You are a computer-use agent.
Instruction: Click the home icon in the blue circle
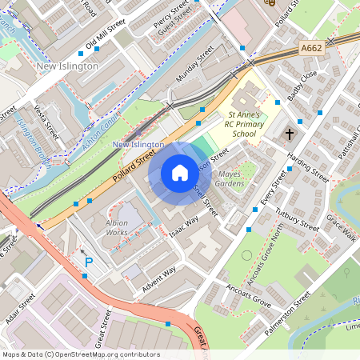[180, 173]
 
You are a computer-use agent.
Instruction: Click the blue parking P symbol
[89, 262]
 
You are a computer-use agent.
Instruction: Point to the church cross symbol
[290, 134]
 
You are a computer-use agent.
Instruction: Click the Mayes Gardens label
[230, 178]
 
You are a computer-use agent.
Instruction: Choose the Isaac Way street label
[183, 226]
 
